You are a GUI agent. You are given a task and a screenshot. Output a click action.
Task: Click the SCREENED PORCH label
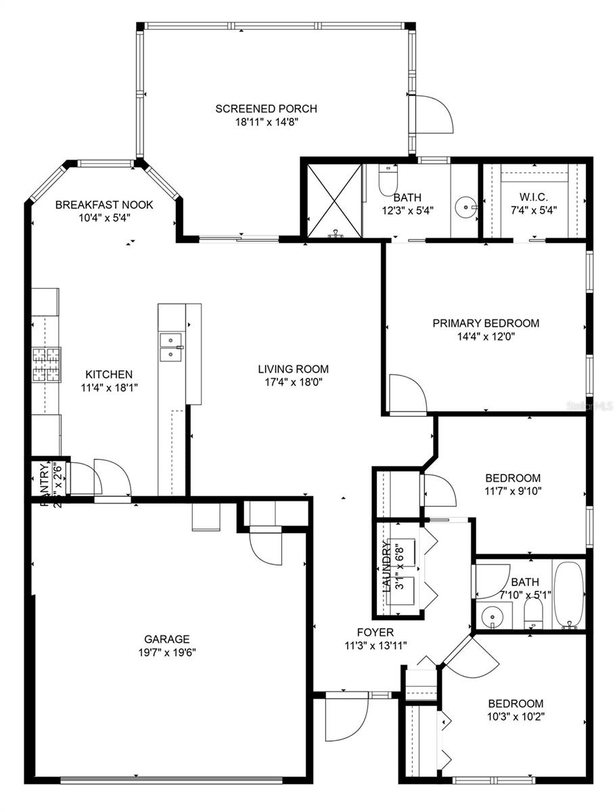[x=266, y=108]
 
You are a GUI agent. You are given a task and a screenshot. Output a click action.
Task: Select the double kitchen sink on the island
[x=172, y=346]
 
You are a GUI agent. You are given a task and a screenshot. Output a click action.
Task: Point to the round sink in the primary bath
[x=464, y=205]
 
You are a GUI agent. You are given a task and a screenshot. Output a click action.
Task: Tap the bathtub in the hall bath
[x=568, y=595]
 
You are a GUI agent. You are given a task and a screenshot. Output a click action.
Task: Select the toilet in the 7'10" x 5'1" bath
[x=534, y=614]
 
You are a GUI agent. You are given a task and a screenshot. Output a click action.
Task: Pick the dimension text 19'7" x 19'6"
[x=166, y=652]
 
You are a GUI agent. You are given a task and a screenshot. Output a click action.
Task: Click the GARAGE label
[x=166, y=639]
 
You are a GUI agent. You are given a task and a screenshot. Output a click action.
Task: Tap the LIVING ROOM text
[x=293, y=369]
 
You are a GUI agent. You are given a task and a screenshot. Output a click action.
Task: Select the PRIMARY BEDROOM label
[x=486, y=323]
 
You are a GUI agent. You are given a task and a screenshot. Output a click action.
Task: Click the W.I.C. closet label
[x=534, y=197]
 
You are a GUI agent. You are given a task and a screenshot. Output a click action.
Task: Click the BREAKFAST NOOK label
[x=104, y=204]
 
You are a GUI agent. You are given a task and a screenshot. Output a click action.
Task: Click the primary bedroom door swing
[x=407, y=394]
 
